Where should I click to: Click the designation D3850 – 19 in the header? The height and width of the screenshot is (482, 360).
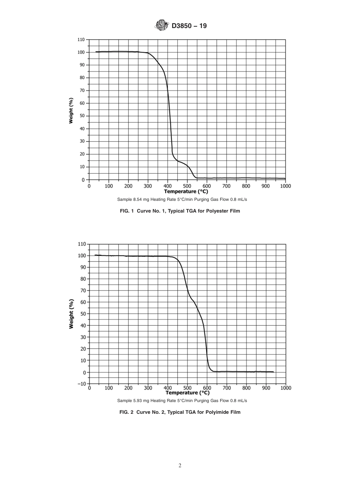189,26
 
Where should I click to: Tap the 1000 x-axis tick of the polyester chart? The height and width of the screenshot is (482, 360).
285,186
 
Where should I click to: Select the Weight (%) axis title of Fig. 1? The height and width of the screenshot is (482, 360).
71,111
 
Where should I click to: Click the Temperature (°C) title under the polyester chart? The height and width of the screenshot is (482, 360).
186,191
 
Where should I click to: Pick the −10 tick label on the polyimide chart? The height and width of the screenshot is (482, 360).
81,384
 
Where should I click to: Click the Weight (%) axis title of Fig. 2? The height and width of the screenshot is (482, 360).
71,314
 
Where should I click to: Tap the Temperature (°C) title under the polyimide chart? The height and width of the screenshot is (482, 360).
187,393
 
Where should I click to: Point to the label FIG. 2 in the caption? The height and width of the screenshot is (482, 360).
127,412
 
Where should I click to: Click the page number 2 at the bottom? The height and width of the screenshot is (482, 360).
180,466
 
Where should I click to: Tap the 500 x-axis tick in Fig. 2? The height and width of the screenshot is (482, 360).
187,388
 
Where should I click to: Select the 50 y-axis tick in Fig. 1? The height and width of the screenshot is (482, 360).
83,116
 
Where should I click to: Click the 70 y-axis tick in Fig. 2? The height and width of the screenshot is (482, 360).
83,291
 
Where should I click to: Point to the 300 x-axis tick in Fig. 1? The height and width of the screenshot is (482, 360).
148,186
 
